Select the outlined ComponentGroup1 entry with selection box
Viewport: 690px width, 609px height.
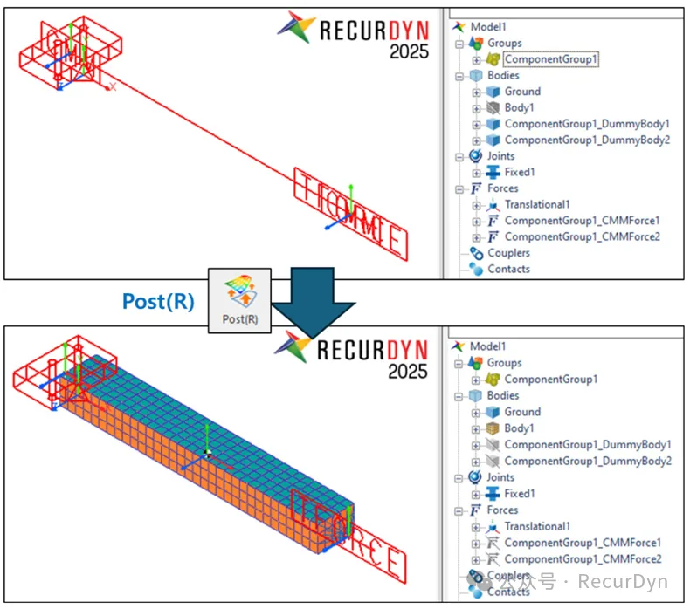[x=551, y=59]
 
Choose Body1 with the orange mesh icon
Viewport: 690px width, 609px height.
[x=519, y=428]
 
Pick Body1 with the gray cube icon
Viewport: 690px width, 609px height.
[x=519, y=107]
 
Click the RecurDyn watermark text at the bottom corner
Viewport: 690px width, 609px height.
[x=624, y=582]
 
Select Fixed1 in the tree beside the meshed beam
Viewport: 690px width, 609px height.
[x=519, y=494]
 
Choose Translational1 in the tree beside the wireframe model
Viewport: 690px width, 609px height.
[x=537, y=204]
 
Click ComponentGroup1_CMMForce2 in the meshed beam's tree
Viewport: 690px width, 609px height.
[x=583, y=558]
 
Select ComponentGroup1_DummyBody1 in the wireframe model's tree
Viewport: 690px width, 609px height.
[x=587, y=124]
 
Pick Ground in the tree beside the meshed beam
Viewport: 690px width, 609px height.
[x=522, y=412]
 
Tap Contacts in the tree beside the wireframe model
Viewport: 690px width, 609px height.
[x=508, y=269]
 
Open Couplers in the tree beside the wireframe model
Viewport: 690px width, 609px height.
[x=508, y=253]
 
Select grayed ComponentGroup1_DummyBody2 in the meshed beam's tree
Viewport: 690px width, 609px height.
[x=587, y=461]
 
